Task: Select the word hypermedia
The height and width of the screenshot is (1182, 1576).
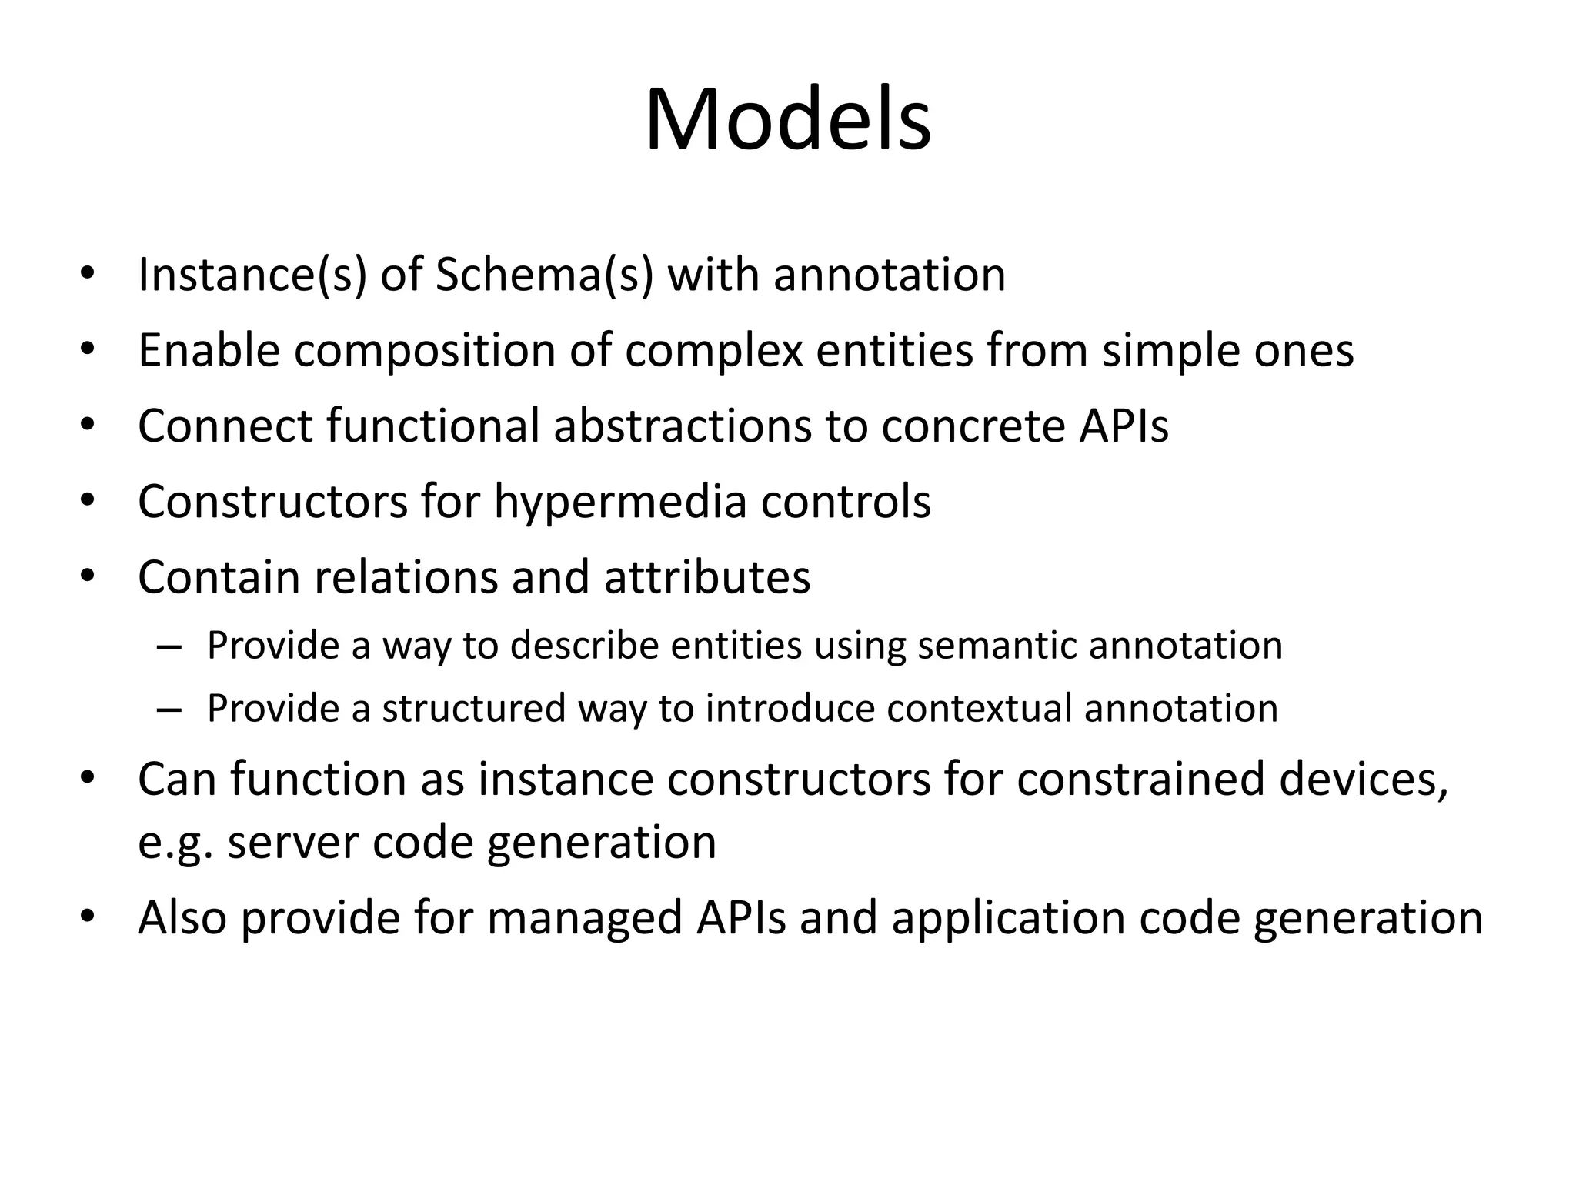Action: point(620,502)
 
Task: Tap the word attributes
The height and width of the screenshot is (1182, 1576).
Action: point(707,577)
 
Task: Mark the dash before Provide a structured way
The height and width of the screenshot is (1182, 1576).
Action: point(169,709)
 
